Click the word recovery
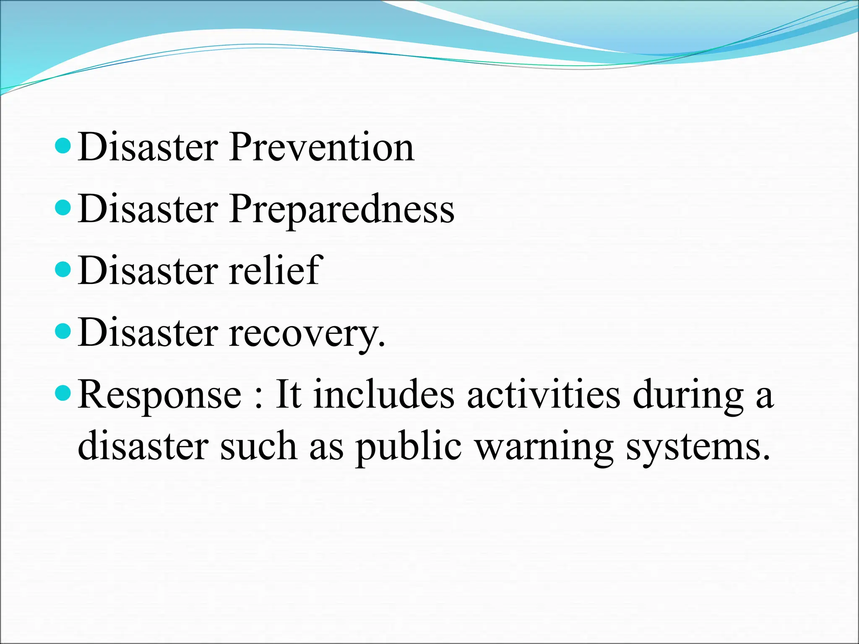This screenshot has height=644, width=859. tap(306, 333)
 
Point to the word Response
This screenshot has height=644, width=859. tap(160, 395)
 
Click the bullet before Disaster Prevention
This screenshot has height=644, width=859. tap(63, 147)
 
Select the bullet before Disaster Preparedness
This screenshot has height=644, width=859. tap(63, 208)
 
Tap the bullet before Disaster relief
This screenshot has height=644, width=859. tap(63, 270)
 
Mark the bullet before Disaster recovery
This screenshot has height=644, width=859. tap(63, 332)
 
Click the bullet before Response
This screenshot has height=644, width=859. tap(63, 393)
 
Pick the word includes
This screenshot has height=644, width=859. tap(384, 394)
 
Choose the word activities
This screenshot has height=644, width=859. tap(543, 394)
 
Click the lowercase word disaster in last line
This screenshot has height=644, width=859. tap(143, 446)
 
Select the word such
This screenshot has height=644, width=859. tap(258, 446)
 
